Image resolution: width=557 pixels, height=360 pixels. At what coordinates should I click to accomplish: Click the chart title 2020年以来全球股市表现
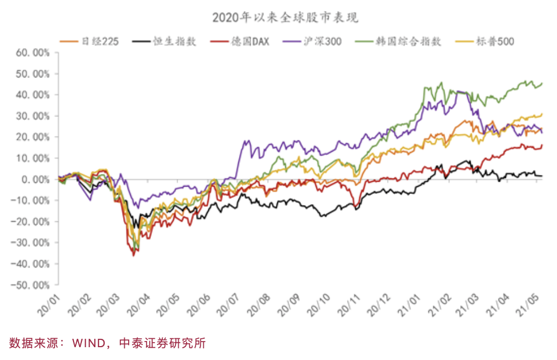click(x=285, y=18)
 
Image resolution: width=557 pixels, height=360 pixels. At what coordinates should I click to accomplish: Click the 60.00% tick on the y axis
click(x=33, y=53)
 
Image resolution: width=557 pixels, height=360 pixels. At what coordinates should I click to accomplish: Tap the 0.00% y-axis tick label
click(x=35, y=179)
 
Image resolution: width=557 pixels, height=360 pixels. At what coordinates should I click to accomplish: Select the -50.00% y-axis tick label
click(x=31, y=285)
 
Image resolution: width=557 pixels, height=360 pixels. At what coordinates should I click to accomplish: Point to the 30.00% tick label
click(x=33, y=116)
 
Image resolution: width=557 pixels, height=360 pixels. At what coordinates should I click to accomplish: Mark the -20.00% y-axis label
click(x=31, y=222)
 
